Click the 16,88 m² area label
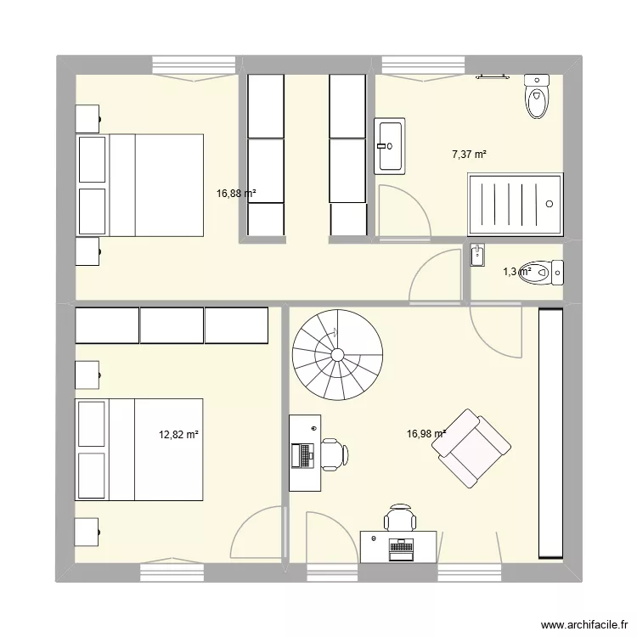pos(236,194)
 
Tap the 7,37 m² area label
pos(469,155)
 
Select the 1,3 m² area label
pos(516,272)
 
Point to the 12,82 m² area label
pos(178,434)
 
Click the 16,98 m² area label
pos(426,434)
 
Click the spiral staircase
pos(337,354)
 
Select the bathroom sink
pos(390,146)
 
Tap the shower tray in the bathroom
pos(515,203)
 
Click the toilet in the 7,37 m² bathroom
pos(537,97)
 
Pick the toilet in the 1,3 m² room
pos(544,272)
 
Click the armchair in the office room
pos(473,448)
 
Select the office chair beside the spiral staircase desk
pos(332,454)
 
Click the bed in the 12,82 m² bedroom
pos(140,449)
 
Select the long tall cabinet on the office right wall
pos(550,433)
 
